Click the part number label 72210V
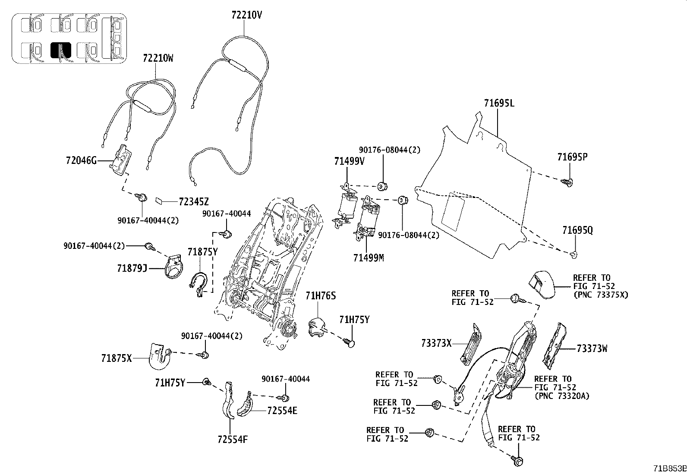point(246,16)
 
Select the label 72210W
point(158,58)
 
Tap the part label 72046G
point(81,161)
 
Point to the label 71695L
point(499,103)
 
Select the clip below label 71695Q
point(574,254)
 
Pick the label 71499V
point(349,161)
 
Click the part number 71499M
point(368,257)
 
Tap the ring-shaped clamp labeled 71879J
point(175,268)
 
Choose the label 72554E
point(282,410)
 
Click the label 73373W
point(592,348)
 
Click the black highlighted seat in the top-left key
point(60,50)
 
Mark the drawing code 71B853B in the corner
point(669,468)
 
